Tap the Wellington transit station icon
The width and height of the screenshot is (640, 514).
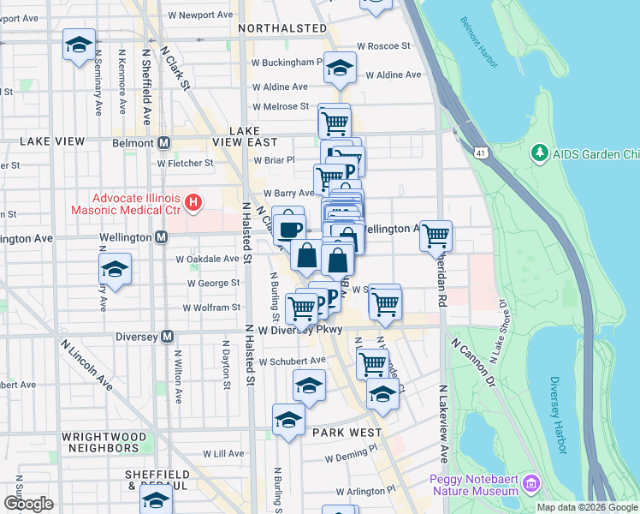pyautogui.click(x=161, y=236)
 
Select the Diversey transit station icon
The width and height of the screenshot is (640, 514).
pyautogui.click(x=169, y=337)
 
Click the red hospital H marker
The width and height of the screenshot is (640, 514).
pyautogui.click(x=193, y=204)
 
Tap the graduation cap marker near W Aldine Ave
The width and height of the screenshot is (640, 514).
pyautogui.click(x=340, y=69)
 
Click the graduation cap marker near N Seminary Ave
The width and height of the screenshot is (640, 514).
pyautogui.click(x=79, y=45)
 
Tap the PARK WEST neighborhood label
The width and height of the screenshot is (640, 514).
pyautogui.click(x=347, y=433)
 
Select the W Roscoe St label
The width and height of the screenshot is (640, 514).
pyautogui.click(x=383, y=45)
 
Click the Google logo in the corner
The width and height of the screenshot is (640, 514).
pyautogui.click(x=28, y=504)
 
